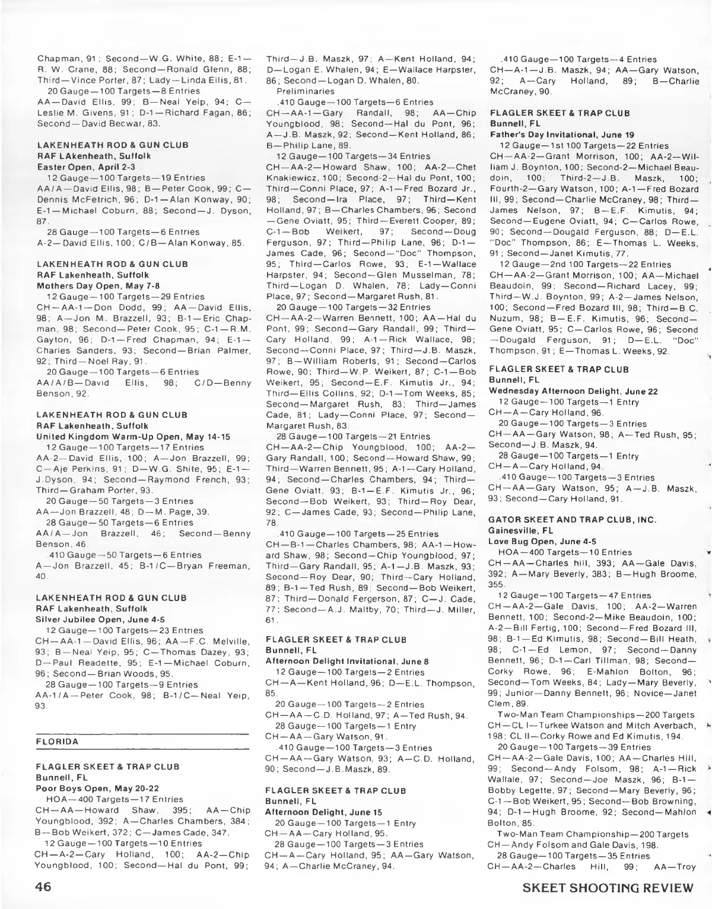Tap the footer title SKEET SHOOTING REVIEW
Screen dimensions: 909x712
click(608, 888)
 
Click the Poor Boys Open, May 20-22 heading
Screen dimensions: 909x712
click(87, 788)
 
